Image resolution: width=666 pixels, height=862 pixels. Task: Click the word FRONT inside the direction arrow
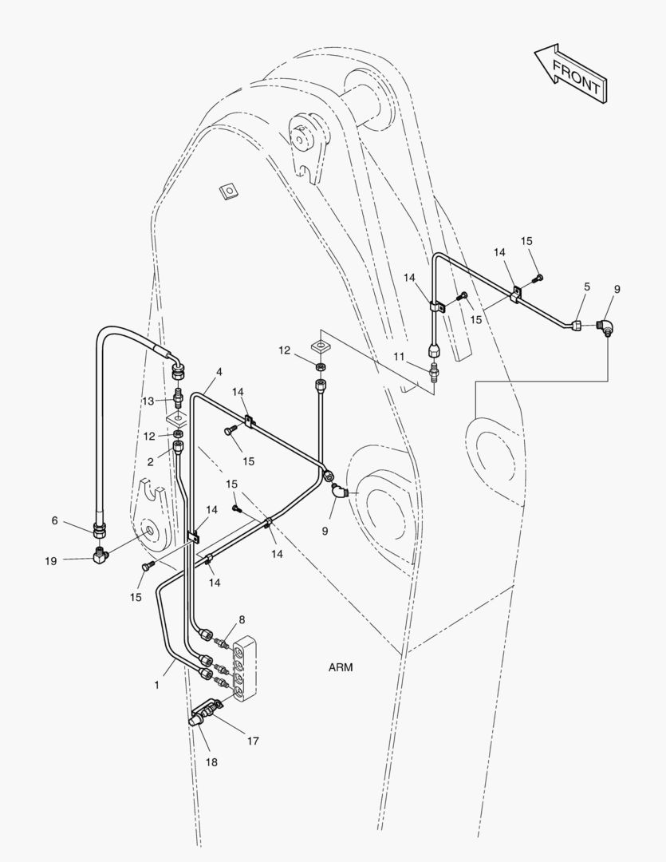(576, 78)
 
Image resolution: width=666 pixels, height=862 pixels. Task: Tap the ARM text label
(341, 667)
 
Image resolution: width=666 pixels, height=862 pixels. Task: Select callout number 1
(157, 685)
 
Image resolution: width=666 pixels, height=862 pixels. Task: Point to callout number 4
(219, 372)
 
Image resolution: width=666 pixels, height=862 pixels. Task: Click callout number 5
(587, 286)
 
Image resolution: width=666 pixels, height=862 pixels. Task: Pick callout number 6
(55, 520)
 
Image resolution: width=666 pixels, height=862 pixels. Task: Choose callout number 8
(242, 619)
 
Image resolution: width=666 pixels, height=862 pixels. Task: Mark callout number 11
(398, 356)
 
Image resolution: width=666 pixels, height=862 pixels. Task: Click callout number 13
(148, 401)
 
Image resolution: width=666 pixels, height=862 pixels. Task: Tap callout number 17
(253, 741)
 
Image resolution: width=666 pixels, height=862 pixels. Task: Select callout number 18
(211, 762)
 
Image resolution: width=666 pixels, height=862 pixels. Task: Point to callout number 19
(50, 561)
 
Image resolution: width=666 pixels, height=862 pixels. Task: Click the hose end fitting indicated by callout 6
(100, 528)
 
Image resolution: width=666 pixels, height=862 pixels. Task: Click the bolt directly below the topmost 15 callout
(538, 278)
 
